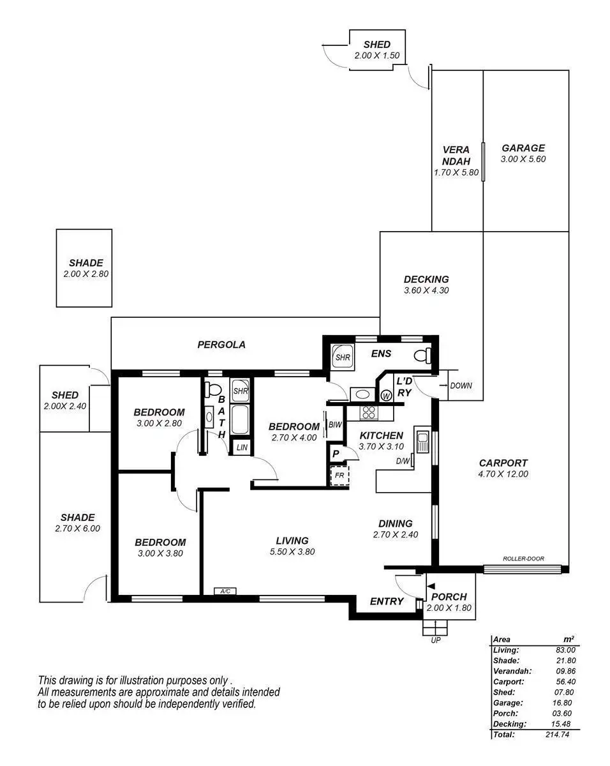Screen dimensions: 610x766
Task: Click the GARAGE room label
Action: coord(523,148)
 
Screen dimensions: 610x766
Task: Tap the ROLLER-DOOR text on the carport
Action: coord(523,559)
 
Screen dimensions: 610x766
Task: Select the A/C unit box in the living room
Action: coord(225,592)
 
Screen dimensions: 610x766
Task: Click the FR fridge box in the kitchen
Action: coord(339,476)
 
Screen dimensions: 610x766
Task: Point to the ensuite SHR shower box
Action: coord(343,357)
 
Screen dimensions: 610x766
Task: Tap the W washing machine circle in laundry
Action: coord(386,396)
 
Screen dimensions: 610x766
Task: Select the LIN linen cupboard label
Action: coord(241,447)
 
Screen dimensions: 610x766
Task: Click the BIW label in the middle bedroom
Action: coord(335,425)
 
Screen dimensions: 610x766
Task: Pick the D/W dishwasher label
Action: coord(402,461)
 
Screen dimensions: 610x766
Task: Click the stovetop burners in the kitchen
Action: coord(368,412)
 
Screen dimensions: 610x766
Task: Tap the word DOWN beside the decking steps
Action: coord(461,386)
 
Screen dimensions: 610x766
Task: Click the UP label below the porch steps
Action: coord(436,640)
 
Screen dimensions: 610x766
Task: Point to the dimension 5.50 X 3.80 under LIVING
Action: coord(292,552)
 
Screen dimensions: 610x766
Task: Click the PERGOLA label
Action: coord(221,345)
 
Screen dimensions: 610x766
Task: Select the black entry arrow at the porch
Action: coord(431,586)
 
